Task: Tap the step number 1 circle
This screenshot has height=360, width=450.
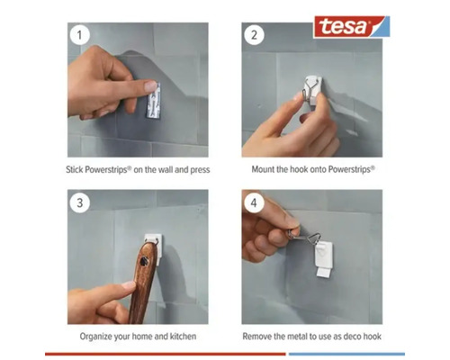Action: coord(82,37)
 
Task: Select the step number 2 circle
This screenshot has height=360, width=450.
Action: coord(256,37)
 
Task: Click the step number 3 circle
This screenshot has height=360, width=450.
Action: coord(82,203)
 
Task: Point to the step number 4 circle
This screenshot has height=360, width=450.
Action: coord(256,203)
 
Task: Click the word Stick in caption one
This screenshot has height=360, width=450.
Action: coord(76,168)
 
